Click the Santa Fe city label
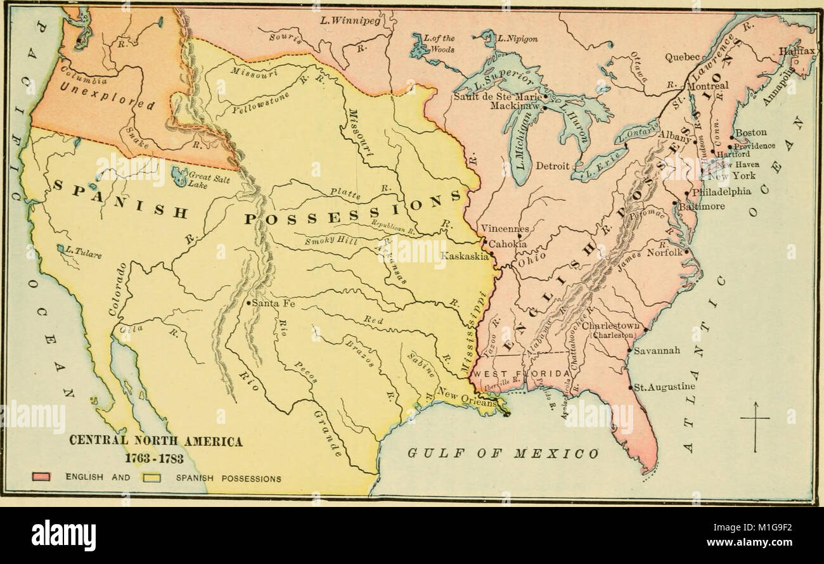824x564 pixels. [x=273, y=304]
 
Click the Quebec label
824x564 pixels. [x=681, y=57]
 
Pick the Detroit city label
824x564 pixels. [x=552, y=166]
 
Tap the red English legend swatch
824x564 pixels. [x=42, y=478]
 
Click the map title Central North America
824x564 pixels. [x=155, y=442]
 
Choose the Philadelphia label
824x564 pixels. [x=721, y=191]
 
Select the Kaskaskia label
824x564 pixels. [x=465, y=256]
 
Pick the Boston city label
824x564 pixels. [x=750, y=133]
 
